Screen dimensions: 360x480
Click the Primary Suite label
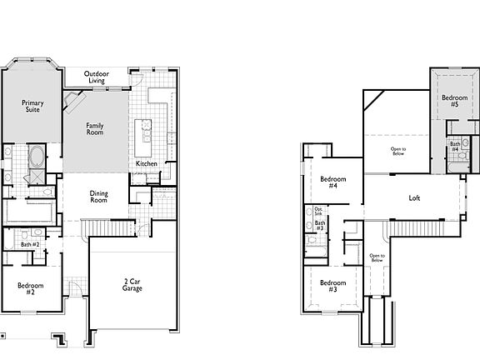[32, 107]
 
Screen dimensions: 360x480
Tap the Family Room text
[96, 129]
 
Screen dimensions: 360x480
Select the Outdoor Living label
[96, 77]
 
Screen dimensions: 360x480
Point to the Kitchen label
[147, 163]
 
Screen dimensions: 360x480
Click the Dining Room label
[99, 197]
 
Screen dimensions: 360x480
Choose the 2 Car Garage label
[132, 285]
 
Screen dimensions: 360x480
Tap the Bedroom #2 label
[31, 289]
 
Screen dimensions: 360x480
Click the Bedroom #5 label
[454, 101]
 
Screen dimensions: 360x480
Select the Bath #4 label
[455, 147]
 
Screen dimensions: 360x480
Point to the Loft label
[414, 198]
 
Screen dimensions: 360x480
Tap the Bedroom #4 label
[332, 182]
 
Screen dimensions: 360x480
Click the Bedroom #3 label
[332, 285]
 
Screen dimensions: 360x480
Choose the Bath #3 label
[319, 226]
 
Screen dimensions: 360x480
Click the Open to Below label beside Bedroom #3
[377, 258]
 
